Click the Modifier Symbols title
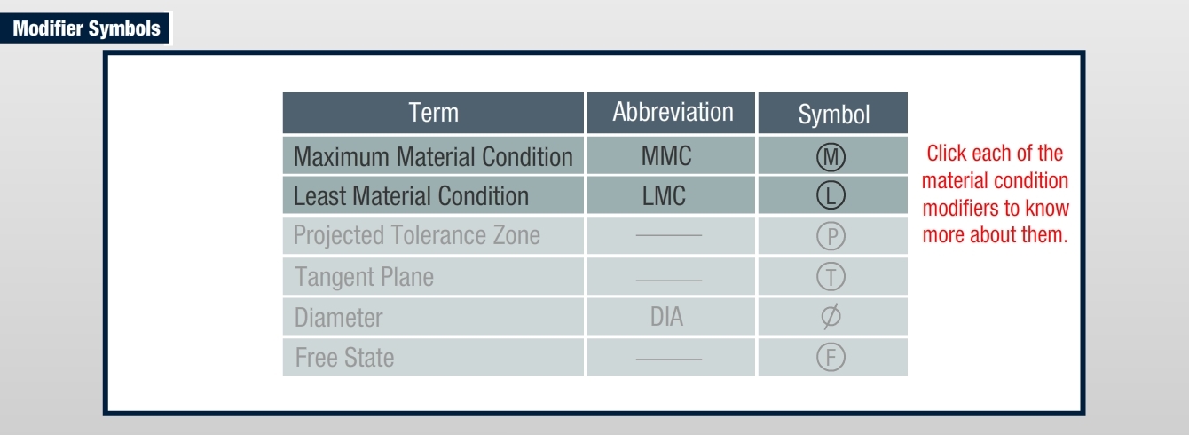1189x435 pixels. (x=87, y=28)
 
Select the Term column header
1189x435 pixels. (x=433, y=113)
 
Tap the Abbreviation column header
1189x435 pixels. (x=671, y=113)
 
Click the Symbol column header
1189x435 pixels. (x=833, y=113)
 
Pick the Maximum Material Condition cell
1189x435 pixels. (x=433, y=156)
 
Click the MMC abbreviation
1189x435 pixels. (x=666, y=156)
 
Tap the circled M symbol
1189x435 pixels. (x=831, y=157)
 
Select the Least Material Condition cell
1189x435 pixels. (x=433, y=195)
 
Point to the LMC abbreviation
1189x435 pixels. (x=664, y=195)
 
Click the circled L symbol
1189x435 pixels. (x=831, y=195)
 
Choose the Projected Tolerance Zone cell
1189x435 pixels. (x=433, y=235)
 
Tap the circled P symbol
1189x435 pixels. (x=831, y=236)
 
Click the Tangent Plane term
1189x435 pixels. (x=364, y=277)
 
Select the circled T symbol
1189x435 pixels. (x=831, y=277)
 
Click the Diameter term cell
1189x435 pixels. (x=433, y=317)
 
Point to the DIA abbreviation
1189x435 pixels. (x=666, y=317)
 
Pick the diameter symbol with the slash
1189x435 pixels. (x=831, y=317)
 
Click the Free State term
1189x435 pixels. (x=344, y=358)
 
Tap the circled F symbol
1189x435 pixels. (x=831, y=357)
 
